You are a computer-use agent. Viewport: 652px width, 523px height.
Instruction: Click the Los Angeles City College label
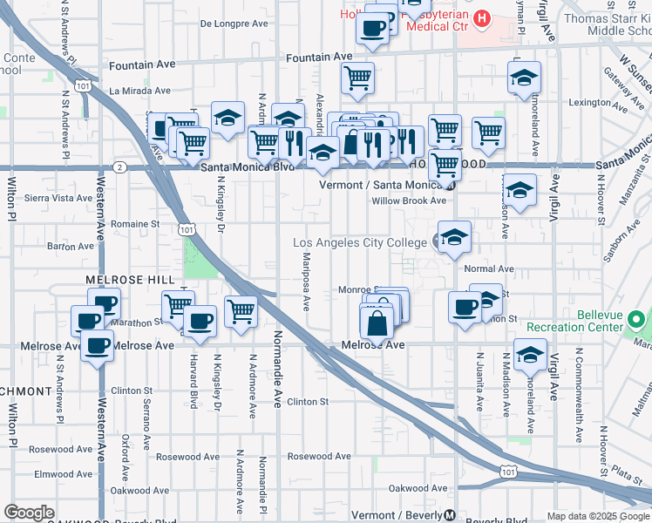[x=359, y=242]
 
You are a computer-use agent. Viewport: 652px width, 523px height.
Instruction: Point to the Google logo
[x=30, y=513]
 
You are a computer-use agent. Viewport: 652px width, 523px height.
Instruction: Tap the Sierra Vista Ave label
[x=58, y=198]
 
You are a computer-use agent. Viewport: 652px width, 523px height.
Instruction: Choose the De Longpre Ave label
[x=234, y=24]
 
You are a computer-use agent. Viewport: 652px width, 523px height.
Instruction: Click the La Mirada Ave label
[x=139, y=90]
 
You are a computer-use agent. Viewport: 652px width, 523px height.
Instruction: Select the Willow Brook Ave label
[x=409, y=200]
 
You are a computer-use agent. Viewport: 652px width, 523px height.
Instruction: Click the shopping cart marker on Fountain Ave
[x=357, y=78]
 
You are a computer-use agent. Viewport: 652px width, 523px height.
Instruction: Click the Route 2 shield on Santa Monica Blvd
[x=119, y=166]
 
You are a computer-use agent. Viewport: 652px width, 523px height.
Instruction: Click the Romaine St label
[x=135, y=223]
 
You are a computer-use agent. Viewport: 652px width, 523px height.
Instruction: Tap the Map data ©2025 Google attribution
[x=597, y=515]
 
